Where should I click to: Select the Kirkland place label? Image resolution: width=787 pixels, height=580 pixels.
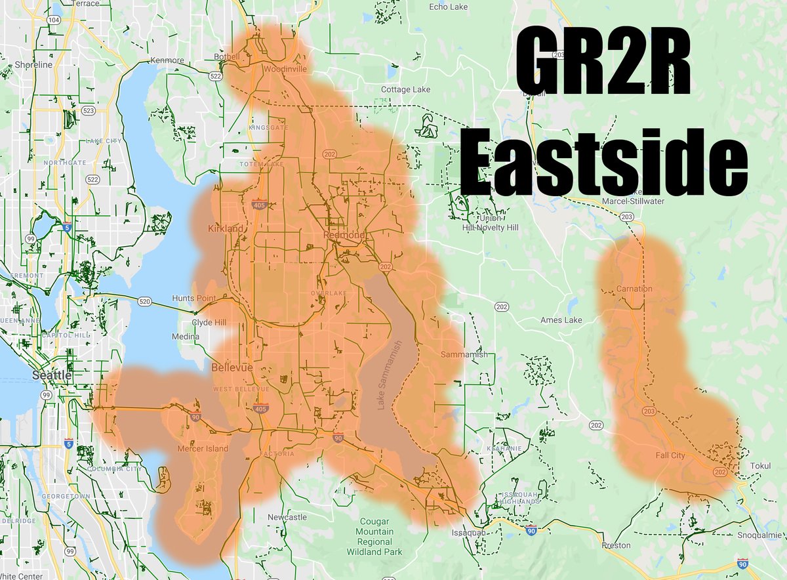[x=225, y=228]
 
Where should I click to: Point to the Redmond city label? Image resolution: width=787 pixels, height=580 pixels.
[x=344, y=235]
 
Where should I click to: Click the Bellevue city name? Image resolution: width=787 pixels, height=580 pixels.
[x=232, y=369]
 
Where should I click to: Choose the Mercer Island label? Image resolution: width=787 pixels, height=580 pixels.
[x=203, y=449]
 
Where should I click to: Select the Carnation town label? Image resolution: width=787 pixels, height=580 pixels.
[x=634, y=289]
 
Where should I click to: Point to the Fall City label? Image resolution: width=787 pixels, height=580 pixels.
[x=670, y=455]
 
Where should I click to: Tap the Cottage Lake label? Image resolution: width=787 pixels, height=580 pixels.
[x=406, y=89]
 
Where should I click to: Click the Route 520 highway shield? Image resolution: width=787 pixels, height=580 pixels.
[x=144, y=301]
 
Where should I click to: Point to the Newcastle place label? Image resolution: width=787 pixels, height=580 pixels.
[x=287, y=518]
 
